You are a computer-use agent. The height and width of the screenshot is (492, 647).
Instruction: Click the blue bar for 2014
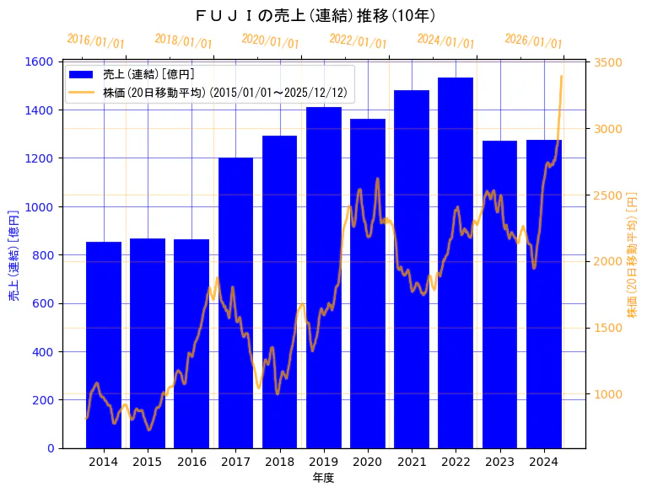point(104,345)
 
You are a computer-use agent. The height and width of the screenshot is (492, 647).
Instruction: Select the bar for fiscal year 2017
point(235,302)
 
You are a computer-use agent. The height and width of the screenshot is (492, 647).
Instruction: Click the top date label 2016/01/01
point(95,41)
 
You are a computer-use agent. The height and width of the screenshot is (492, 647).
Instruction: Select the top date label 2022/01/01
point(358,41)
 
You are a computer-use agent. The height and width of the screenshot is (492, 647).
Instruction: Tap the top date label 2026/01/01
point(533,41)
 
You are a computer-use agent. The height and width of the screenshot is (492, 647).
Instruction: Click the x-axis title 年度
point(323,478)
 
